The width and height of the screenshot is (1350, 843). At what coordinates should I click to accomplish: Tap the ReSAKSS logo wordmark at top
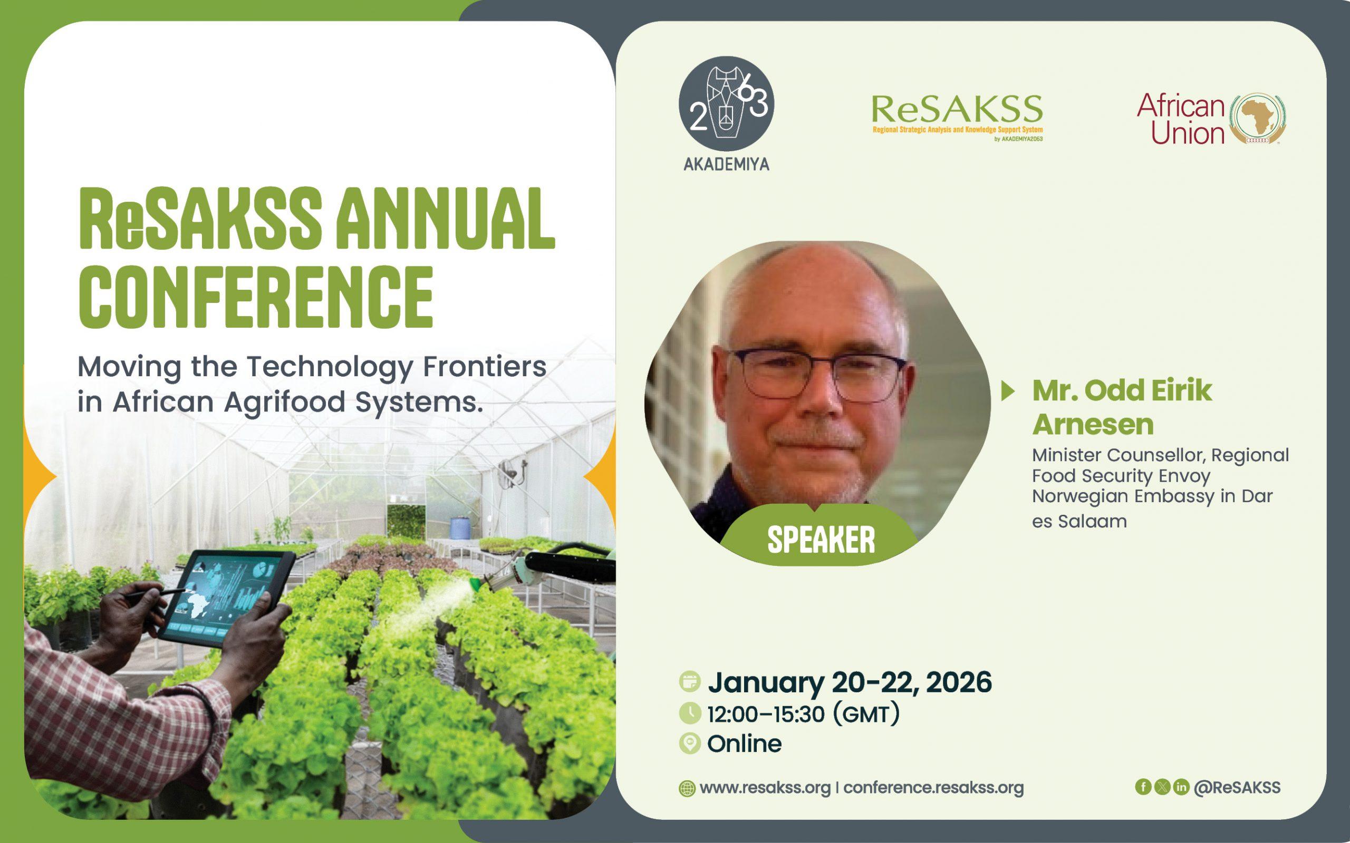(957, 110)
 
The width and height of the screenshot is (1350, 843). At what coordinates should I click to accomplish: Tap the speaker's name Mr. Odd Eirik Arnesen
(1121, 407)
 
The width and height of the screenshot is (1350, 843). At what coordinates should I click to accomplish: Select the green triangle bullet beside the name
(1009, 391)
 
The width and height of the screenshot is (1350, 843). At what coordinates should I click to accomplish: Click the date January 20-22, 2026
(850, 682)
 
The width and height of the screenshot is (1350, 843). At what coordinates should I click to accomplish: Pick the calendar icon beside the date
(690, 682)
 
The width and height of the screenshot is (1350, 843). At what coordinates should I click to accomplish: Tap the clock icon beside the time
(690, 713)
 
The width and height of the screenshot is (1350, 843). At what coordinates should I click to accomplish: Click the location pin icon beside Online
(690, 744)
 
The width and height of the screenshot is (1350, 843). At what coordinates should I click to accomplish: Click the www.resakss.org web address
(765, 788)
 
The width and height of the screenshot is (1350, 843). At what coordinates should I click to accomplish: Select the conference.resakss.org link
(933, 788)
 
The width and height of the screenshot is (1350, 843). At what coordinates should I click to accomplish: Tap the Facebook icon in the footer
(1143, 787)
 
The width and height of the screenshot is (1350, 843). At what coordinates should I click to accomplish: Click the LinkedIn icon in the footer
(1181, 787)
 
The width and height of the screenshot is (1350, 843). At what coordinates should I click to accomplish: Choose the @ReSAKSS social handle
(1237, 787)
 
